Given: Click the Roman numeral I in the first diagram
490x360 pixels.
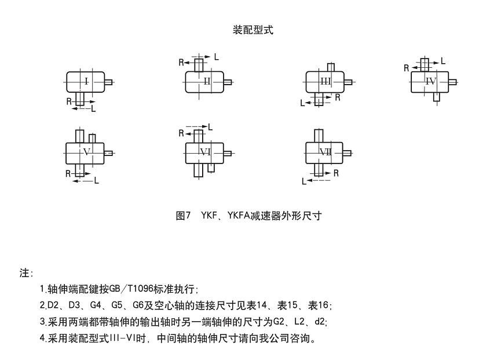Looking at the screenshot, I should coord(86,81).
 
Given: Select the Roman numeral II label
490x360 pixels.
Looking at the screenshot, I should coord(207,81).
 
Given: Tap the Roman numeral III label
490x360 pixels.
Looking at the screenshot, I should coord(326,82).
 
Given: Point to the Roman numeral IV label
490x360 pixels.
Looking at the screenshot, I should coord(430,81).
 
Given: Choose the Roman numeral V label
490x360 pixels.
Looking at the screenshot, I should coord(87,152).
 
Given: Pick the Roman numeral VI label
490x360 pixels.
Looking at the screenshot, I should coord(205,152).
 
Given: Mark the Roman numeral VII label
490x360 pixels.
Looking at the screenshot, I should coord(326,152).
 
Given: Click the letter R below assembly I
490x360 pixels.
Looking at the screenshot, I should coord(69,101).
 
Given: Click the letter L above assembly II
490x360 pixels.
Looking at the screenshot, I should coord(217,56).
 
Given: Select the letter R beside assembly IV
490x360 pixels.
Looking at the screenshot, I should coord(407,68).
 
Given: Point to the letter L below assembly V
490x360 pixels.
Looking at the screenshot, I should coord(96,181).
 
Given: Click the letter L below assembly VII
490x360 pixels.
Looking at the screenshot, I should coord(303,181).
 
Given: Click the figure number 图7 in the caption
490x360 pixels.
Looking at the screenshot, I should coord(183,216).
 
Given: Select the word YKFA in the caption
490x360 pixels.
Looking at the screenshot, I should coord(237,216).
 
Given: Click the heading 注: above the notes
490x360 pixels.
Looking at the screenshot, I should coord(27,272).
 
